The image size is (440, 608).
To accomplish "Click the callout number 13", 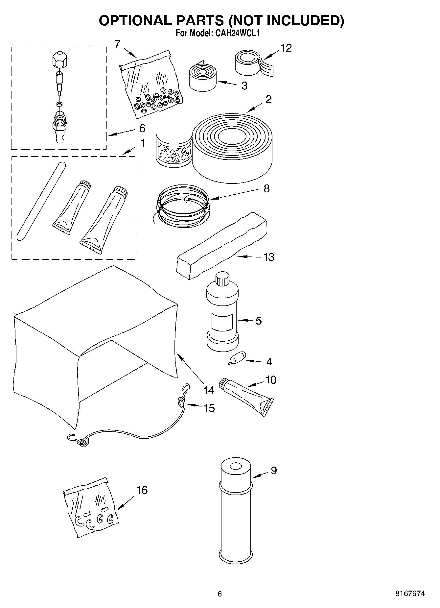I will (x=268, y=257).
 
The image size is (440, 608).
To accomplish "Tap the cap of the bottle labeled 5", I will (x=222, y=280).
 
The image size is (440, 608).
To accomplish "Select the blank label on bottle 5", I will (x=222, y=322).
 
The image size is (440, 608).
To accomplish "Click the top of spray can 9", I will (x=235, y=467).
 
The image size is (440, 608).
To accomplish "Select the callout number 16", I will (x=142, y=490).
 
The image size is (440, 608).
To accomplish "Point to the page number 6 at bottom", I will (x=220, y=594).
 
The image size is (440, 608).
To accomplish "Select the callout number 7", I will (x=117, y=44).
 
